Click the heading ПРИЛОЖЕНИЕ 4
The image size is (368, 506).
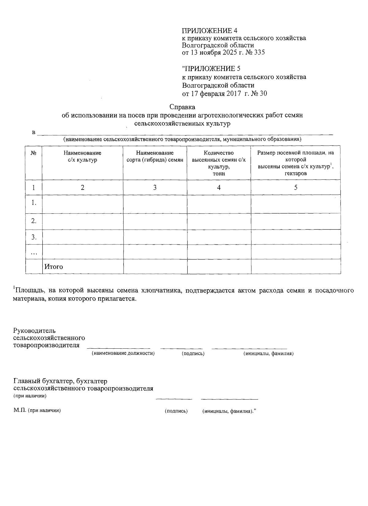pyautogui.click(x=210, y=31)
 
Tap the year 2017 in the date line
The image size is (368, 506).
pyautogui.click(x=234, y=94)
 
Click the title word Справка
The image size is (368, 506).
pyautogui.click(x=182, y=107)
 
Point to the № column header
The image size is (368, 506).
pyautogui.click(x=34, y=153)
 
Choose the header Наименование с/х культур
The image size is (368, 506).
pyautogui.click(x=82, y=156)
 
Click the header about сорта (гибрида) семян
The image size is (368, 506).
pyautogui.click(x=155, y=156)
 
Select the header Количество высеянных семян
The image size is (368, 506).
pyautogui.click(x=219, y=163)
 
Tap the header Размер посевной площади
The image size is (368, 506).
pyautogui.click(x=295, y=163)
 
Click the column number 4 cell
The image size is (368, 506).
pyautogui.click(x=219, y=187)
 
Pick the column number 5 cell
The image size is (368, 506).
pyautogui.click(x=296, y=187)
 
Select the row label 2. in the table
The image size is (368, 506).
pyautogui.click(x=34, y=221)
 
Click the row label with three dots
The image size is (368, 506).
pyautogui.click(x=34, y=252)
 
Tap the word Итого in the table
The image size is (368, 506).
pyautogui.click(x=54, y=267)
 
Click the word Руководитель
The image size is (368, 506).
pyautogui.click(x=34, y=331)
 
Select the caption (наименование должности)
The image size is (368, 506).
pyautogui.click(x=123, y=354)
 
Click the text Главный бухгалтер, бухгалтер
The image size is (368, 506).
pyautogui.click(x=60, y=381)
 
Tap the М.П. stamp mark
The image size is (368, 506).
pyautogui.click(x=20, y=411)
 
